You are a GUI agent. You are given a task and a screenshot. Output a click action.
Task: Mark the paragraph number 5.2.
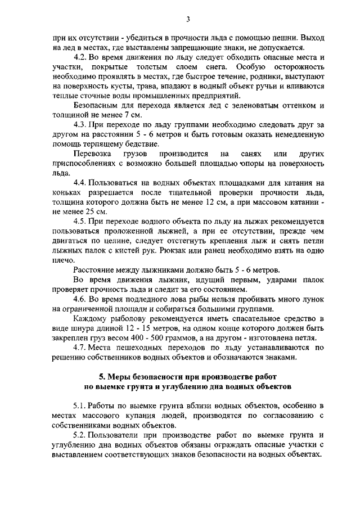(x=82, y=435)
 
